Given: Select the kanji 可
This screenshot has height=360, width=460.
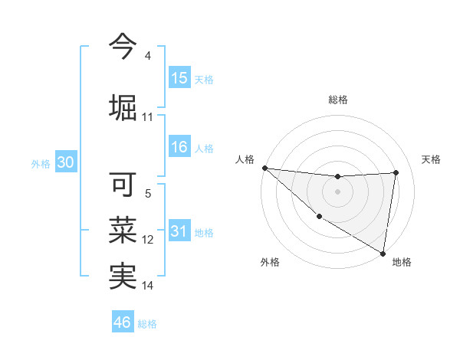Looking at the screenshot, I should click(x=123, y=185).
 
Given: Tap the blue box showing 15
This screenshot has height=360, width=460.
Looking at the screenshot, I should click(x=179, y=78).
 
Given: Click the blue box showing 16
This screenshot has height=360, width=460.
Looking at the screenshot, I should click(x=179, y=148).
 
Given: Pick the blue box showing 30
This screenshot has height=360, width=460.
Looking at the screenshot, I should click(x=65, y=162).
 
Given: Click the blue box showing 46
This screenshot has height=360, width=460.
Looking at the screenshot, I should click(x=123, y=322).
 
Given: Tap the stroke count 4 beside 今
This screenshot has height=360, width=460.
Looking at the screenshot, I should click(x=147, y=56).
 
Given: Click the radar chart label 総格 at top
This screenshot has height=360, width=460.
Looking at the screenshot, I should click(x=337, y=100).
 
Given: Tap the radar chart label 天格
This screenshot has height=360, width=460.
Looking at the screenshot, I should click(x=431, y=159).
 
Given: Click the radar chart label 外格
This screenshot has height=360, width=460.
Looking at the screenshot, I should click(x=270, y=262).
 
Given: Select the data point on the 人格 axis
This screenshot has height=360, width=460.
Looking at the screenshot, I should click(x=264, y=168).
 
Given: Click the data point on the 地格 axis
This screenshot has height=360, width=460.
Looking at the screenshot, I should click(x=383, y=252).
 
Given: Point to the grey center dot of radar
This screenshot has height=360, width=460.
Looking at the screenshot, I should click(x=337, y=191).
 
